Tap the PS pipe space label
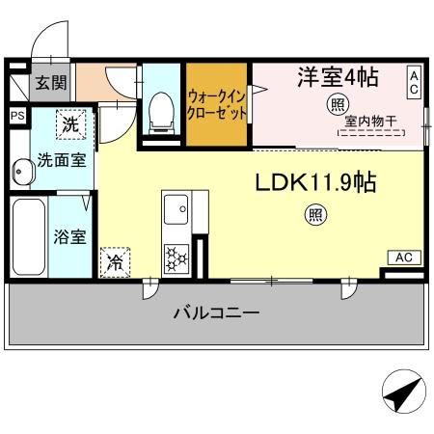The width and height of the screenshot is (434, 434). point(17,116)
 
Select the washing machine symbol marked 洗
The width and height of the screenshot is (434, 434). point(70,123)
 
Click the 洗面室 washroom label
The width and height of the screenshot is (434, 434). point(62,160)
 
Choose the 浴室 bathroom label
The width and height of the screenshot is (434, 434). point(68,236)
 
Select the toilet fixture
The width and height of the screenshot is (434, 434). point(161,112)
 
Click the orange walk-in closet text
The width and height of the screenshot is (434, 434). point(217,104)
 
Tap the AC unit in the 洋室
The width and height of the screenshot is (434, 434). point(413,82)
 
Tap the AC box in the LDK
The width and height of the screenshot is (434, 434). point(402,258)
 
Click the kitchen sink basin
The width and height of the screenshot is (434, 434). point(176,208)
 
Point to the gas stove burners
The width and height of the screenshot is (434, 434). point(177,258)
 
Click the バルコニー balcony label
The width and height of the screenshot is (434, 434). point(216,313)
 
